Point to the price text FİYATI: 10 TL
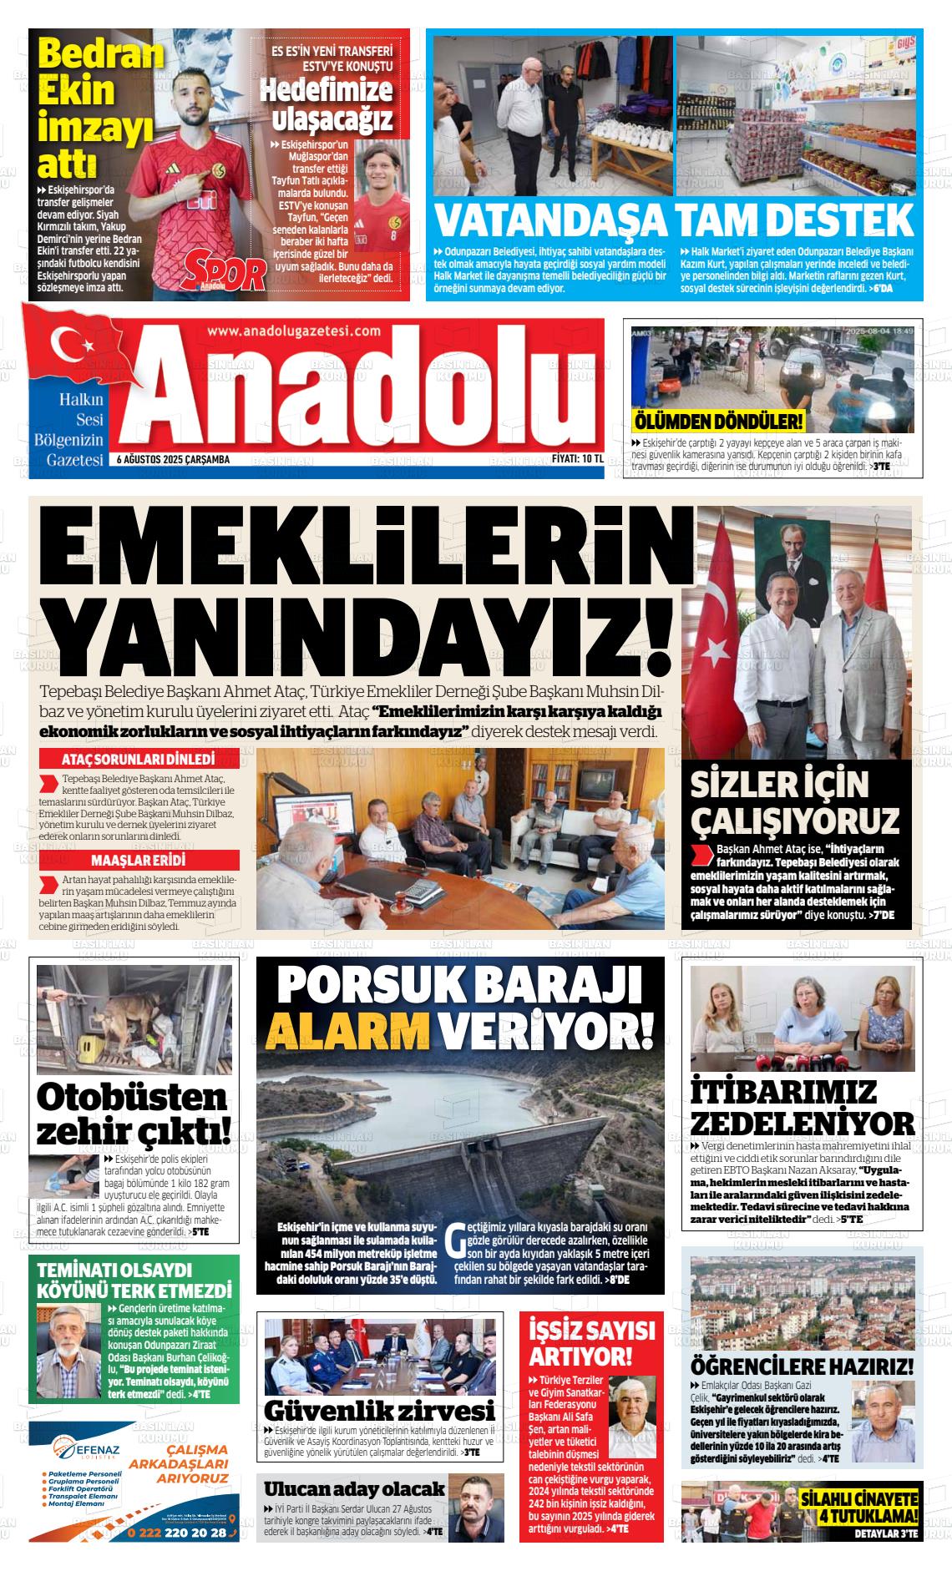click(577, 460)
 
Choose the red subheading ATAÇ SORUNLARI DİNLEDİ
click(138, 760)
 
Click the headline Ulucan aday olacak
click(354, 1488)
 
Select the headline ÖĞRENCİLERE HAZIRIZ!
click(802, 1366)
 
